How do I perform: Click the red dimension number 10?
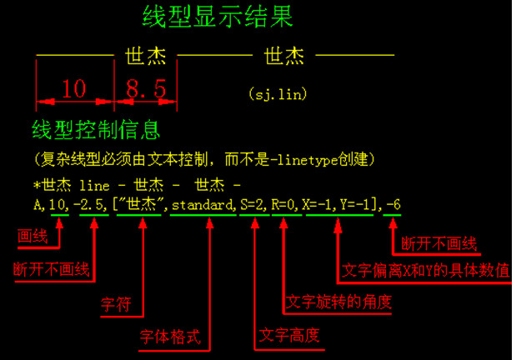pos(73,88)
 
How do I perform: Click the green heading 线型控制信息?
pos(96,131)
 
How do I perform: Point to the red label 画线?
pos(33,237)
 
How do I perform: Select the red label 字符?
pos(116,304)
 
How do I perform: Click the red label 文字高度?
pos(289,335)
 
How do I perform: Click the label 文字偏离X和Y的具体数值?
pos(426,270)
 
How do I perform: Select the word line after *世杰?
pos(91,183)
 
